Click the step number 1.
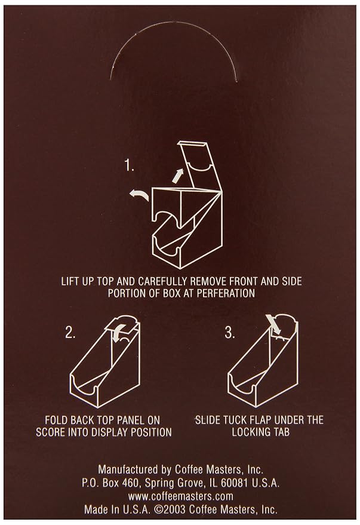[130, 165]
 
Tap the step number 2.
[70, 333]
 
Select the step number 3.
[230, 333]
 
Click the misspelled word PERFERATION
[226, 293]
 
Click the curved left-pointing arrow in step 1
[139, 195]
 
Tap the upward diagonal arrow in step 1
[178, 176]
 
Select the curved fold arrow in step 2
[119, 333]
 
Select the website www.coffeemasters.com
[181, 496]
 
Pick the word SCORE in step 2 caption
[51, 432]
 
